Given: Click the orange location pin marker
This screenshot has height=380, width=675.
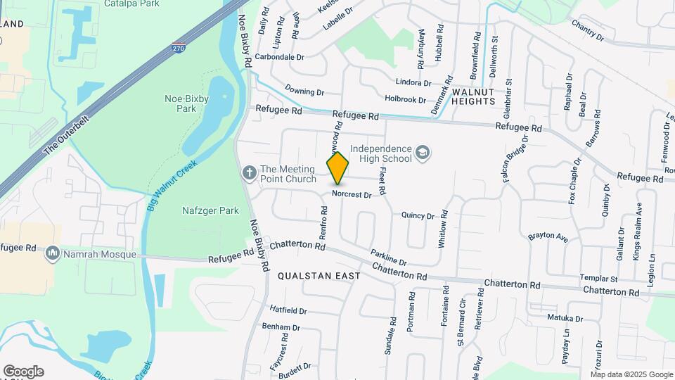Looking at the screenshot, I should (x=338, y=167).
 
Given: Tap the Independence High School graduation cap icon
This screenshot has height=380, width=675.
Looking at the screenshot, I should (x=422, y=153).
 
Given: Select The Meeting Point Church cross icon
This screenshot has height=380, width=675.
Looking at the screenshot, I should (x=249, y=173).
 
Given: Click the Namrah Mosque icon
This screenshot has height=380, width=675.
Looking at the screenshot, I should (x=53, y=253).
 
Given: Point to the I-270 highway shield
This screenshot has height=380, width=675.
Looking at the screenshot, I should (x=179, y=48).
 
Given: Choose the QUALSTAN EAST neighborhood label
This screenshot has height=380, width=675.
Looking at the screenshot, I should (x=319, y=276).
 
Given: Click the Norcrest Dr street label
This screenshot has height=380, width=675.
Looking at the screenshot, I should (x=352, y=195).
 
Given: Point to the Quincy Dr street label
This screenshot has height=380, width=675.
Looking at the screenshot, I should (x=418, y=215).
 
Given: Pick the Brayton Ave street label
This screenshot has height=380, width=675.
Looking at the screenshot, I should (x=548, y=237).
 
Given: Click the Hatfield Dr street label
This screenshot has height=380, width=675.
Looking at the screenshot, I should (x=288, y=310).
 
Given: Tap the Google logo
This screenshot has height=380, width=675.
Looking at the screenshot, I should (x=23, y=372).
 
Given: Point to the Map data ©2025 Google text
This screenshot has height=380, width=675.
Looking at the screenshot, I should (x=631, y=374).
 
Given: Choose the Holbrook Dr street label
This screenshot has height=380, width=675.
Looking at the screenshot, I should (x=406, y=100).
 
